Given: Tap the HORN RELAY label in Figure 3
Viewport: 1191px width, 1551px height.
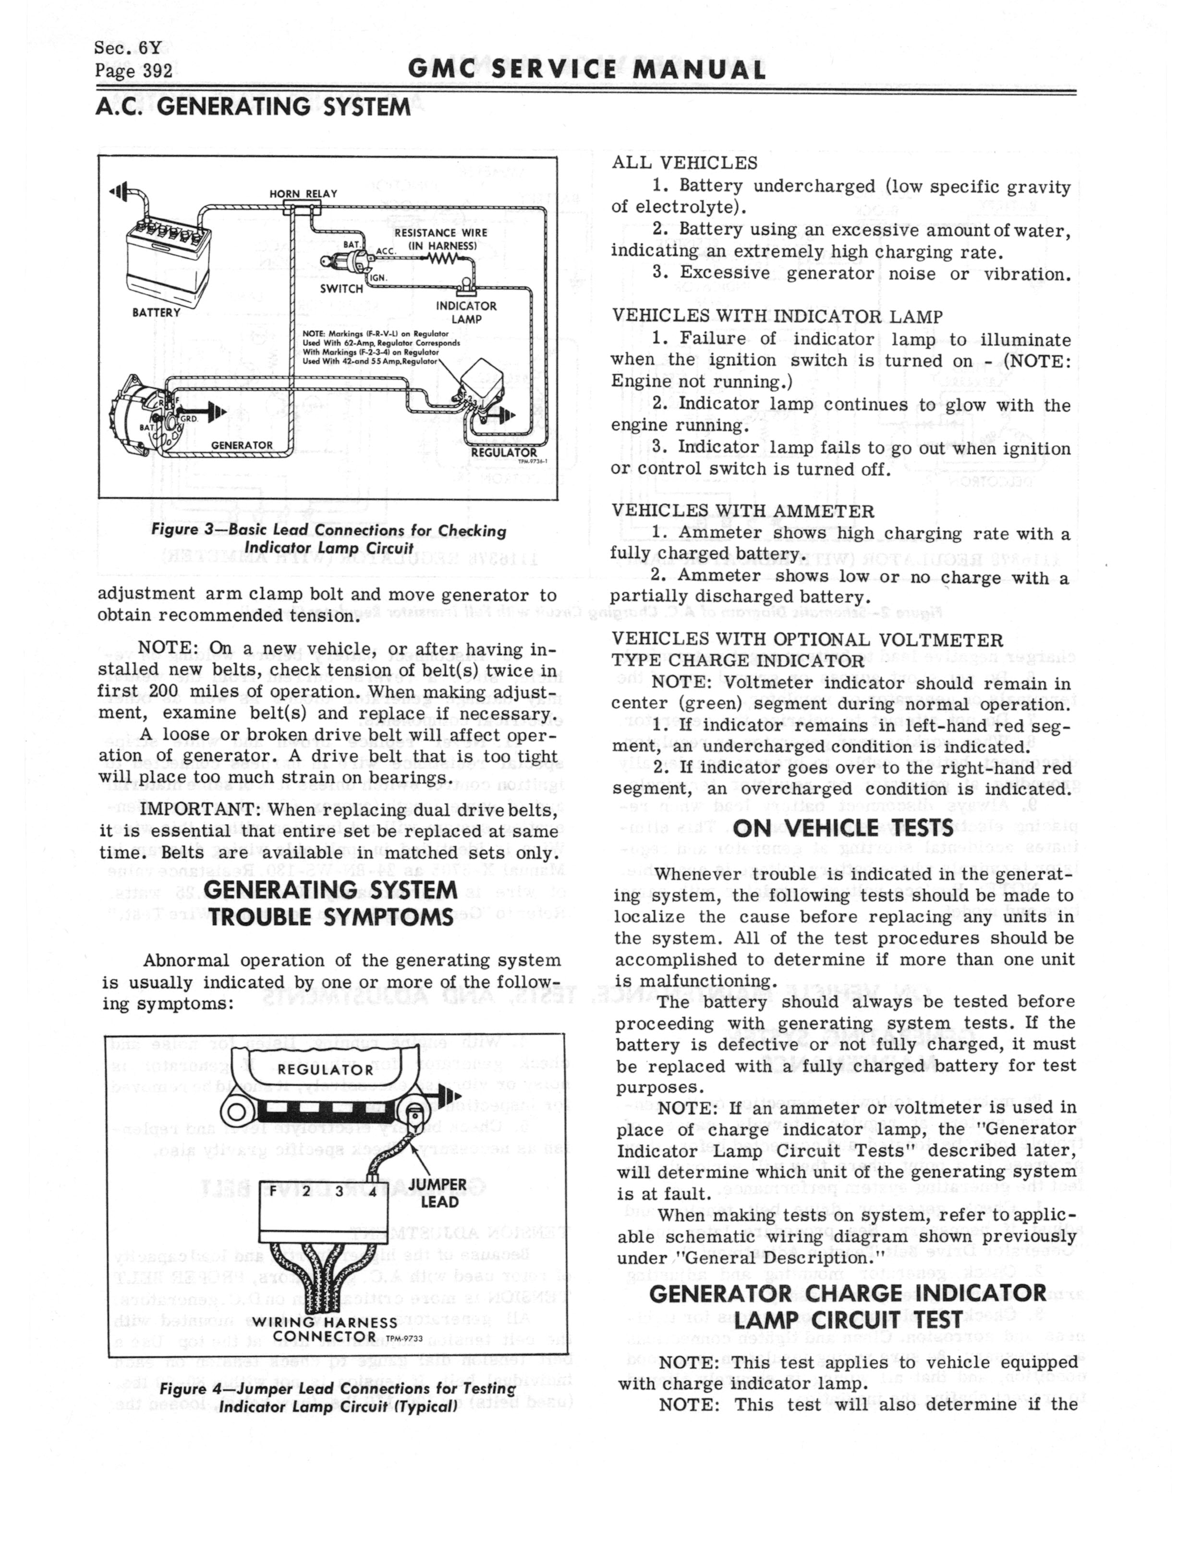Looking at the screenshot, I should click(x=303, y=194).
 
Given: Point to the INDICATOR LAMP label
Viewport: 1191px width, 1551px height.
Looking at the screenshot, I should click(x=466, y=312).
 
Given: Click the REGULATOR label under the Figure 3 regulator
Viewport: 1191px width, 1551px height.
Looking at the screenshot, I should click(x=504, y=452).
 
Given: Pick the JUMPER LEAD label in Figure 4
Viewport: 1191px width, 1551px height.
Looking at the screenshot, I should click(x=438, y=1193).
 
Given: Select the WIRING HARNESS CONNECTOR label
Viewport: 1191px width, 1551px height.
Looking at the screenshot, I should click(x=325, y=1329).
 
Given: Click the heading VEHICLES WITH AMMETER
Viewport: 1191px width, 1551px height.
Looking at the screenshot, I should click(x=742, y=511).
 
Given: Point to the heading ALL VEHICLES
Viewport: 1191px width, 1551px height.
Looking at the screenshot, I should click(x=684, y=163).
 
